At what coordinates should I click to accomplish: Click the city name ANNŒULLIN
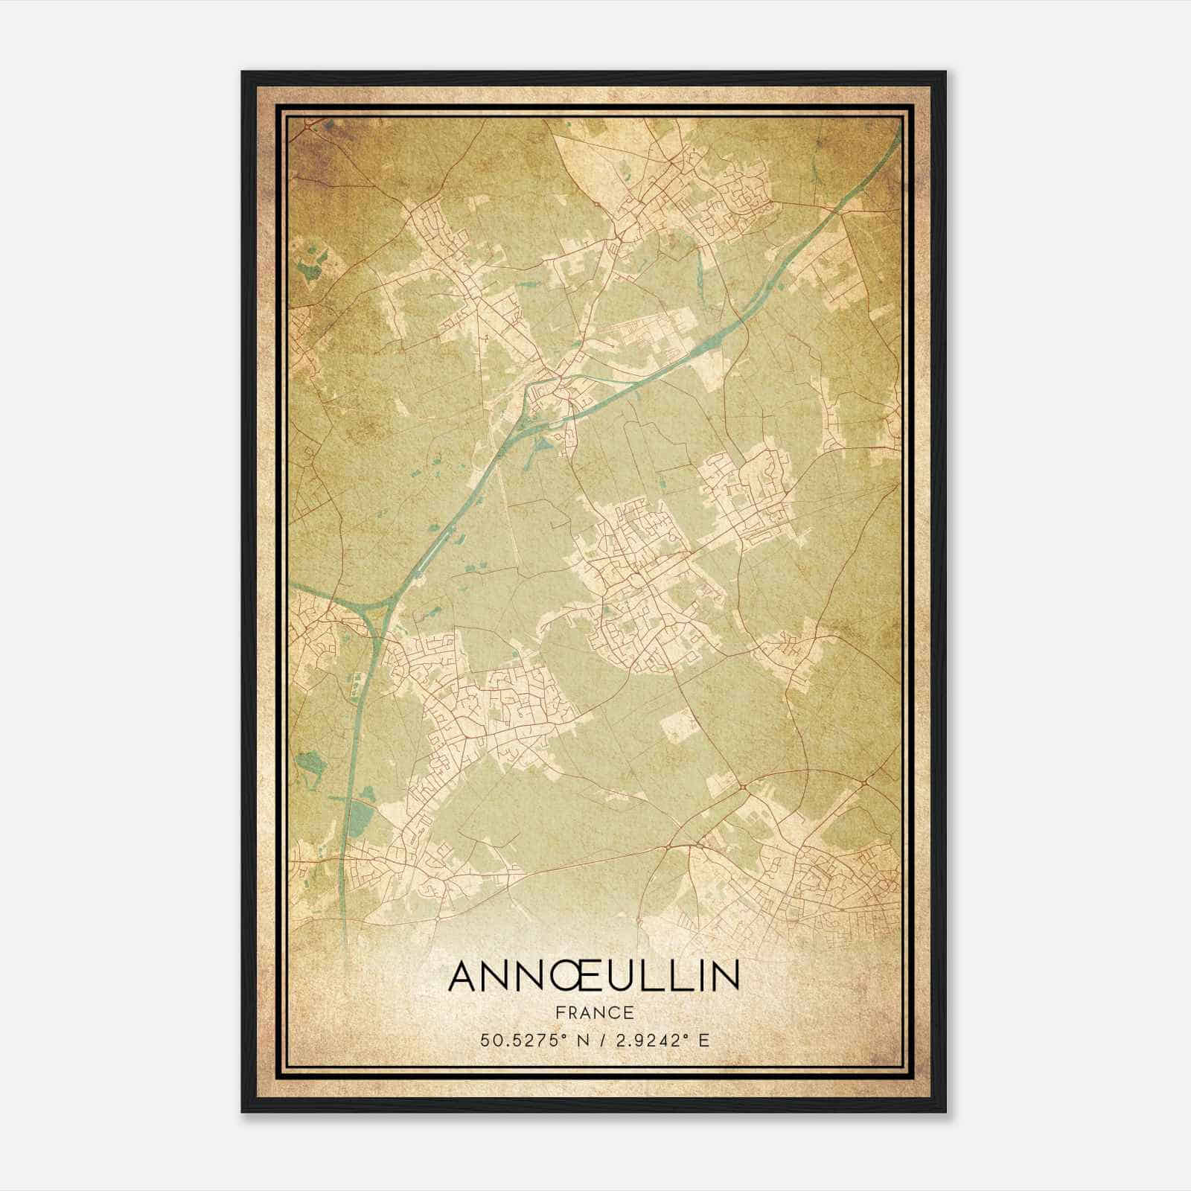point(594,977)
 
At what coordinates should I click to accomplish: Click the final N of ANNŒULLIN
point(725,977)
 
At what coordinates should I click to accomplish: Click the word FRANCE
point(594,1013)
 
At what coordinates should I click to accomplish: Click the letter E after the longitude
point(703,1040)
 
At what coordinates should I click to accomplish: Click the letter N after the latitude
point(573,1040)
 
